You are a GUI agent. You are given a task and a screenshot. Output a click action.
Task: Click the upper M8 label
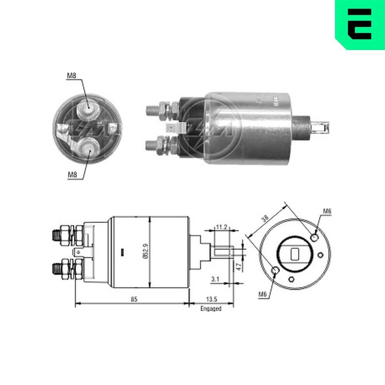72,76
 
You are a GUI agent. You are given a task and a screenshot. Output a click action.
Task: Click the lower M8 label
73,174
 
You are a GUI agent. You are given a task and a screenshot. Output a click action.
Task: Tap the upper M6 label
327,211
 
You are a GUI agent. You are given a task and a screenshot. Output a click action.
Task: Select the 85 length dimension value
134,299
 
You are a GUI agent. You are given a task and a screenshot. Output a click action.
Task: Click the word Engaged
211,308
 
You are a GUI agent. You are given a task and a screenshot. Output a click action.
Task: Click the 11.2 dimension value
221,227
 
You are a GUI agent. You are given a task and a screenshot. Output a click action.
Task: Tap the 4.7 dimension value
238,266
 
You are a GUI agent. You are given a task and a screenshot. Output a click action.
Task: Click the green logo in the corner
359,24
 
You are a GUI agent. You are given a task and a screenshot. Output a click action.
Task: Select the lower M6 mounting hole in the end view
275,271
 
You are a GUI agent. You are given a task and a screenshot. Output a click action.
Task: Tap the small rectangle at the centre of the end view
295,254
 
